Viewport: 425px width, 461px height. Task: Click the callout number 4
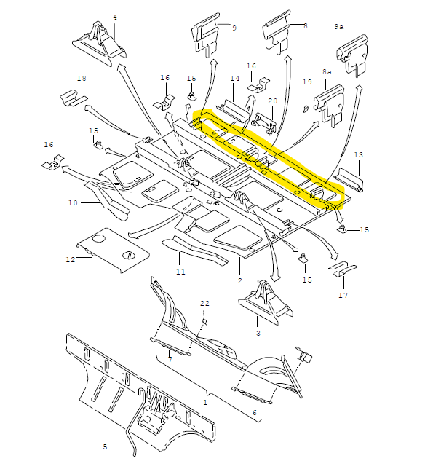coord(115,17)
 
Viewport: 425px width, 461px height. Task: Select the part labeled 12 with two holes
coord(113,250)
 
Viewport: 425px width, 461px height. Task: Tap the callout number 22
coord(205,303)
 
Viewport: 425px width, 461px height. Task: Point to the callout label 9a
coord(339,27)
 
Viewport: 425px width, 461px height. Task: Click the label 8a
coord(327,72)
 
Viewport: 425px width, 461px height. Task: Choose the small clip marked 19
coord(306,109)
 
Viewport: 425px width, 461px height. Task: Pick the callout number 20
coord(273,101)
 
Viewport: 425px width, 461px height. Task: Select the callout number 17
coord(343,295)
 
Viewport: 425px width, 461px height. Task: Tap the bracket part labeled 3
coord(266,303)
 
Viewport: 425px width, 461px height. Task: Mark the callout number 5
coord(105,447)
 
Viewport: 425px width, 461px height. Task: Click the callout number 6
coord(254,412)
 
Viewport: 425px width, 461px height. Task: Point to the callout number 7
coord(170,359)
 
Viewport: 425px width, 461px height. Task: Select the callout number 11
coord(180,272)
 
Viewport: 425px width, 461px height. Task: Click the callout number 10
coord(73,202)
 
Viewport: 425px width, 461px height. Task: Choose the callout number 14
coord(234,78)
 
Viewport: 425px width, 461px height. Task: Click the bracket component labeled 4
coord(100,44)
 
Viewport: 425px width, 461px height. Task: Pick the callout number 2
coord(240,281)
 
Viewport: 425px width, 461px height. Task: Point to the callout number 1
coord(205,402)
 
